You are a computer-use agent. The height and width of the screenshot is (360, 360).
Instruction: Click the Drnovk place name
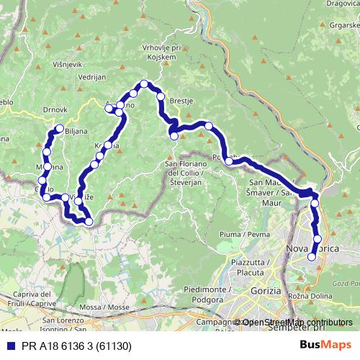click(x=55, y=109)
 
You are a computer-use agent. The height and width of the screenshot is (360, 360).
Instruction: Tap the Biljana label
click(x=76, y=132)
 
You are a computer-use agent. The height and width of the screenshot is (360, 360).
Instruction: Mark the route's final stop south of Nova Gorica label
click(x=312, y=256)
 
